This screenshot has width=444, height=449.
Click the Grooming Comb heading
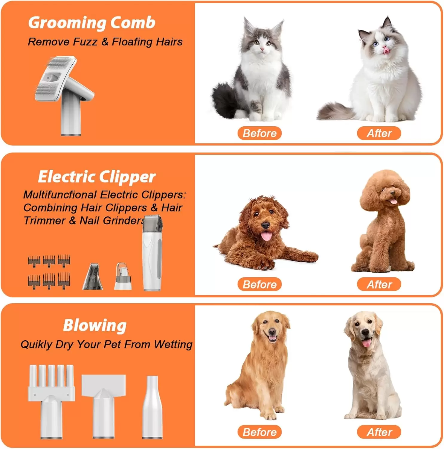tap(92, 23)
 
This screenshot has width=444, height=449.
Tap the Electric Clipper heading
tap(97, 177)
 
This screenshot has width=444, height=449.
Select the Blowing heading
tap(95, 326)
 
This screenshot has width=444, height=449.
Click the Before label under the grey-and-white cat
tap(260, 133)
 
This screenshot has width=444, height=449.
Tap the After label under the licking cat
tap(379, 133)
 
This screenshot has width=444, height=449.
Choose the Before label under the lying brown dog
tap(260, 284)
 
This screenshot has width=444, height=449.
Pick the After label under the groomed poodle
tap(379, 284)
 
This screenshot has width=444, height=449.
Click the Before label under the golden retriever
tap(260, 432)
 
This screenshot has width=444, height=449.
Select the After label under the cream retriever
tap(379, 432)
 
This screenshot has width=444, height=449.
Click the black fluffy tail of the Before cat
tap(226, 100)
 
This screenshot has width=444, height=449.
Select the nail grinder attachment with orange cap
tap(123, 276)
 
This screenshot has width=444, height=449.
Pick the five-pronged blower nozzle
tap(51, 401)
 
